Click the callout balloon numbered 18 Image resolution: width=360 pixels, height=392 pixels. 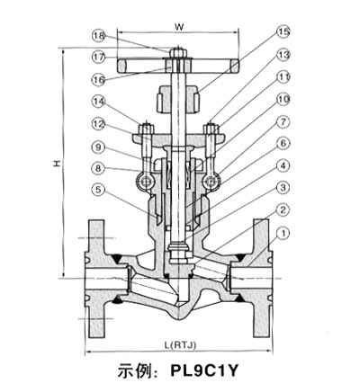(x=99, y=36)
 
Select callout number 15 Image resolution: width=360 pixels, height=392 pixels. (x=283, y=32)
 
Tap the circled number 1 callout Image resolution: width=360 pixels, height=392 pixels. (x=283, y=233)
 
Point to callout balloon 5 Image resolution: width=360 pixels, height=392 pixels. (x=99, y=190)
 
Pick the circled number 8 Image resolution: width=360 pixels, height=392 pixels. (x=99, y=168)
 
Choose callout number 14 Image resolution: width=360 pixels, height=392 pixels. (x=99, y=102)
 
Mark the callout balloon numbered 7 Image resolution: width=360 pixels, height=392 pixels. (x=283, y=121)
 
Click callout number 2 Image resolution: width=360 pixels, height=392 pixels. (x=283, y=210)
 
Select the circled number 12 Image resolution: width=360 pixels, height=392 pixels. (x=99, y=124)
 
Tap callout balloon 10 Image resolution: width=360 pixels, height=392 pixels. (x=283, y=99)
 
